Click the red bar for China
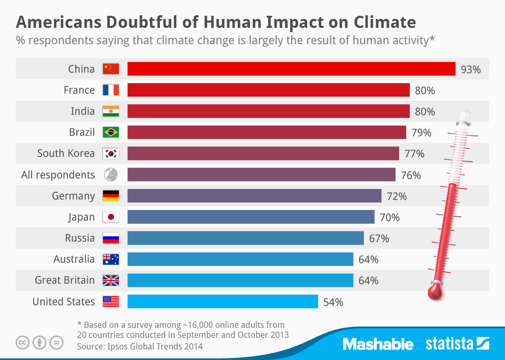click(291, 69)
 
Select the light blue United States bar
click(223, 302)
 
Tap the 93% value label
click(470, 69)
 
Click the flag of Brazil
click(111, 132)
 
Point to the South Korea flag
click(111, 154)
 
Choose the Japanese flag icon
click(111, 217)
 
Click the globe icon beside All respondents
click(111, 175)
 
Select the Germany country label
click(73, 196)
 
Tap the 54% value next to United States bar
click(332, 302)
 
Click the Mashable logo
click(378, 344)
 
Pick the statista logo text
click(449, 344)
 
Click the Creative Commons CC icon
click(23, 343)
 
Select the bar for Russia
click(245, 238)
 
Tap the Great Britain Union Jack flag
click(111, 281)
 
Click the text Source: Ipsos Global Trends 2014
click(139, 346)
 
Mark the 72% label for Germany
click(397, 196)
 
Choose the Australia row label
click(74, 259)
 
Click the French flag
click(111, 90)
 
